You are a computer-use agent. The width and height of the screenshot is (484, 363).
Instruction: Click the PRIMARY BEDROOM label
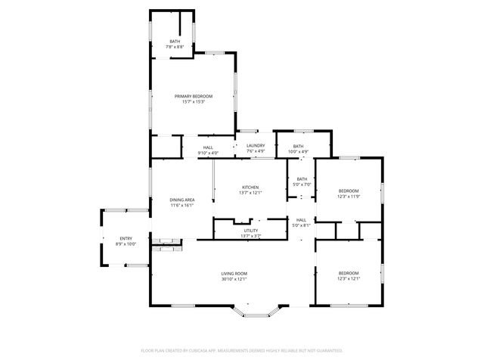pyautogui.click(x=194, y=96)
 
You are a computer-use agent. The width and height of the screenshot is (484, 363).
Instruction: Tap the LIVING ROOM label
pyautogui.click(x=234, y=273)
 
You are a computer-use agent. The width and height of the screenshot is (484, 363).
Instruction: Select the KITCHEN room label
pyautogui.click(x=250, y=187)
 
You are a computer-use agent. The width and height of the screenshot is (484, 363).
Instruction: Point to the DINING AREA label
pyautogui.click(x=182, y=200)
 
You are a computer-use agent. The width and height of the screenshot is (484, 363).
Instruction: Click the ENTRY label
pyautogui.click(x=126, y=239)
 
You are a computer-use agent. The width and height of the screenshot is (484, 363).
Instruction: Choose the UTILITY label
pyautogui.click(x=250, y=231)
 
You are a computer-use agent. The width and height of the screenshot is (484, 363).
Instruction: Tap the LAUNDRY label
pyautogui.click(x=256, y=146)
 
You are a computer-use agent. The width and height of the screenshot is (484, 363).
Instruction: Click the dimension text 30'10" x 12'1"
pyautogui.click(x=234, y=278)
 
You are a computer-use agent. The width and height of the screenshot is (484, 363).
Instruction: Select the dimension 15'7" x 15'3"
pyautogui.click(x=194, y=101)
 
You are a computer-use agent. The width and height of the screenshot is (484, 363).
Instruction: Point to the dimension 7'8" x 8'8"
pyautogui.click(x=175, y=47)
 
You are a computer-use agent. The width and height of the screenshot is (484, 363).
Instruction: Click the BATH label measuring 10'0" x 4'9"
pyautogui.click(x=299, y=147)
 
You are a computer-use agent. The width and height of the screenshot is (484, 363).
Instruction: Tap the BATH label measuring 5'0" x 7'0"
pyautogui.click(x=302, y=179)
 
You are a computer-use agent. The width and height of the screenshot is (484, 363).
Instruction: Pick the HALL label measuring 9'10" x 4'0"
pyautogui.click(x=208, y=147)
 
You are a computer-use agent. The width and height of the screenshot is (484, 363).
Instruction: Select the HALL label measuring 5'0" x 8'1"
pyautogui.click(x=302, y=220)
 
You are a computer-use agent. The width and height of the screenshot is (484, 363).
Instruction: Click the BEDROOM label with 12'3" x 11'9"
pyautogui.click(x=348, y=191)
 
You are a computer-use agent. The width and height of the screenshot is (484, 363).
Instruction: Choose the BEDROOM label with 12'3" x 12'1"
pyautogui.click(x=348, y=272)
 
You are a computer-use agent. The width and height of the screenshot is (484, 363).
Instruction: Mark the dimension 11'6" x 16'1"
pyautogui.click(x=182, y=205)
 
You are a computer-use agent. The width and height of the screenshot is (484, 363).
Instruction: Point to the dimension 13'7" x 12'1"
pyautogui.click(x=250, y=192)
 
